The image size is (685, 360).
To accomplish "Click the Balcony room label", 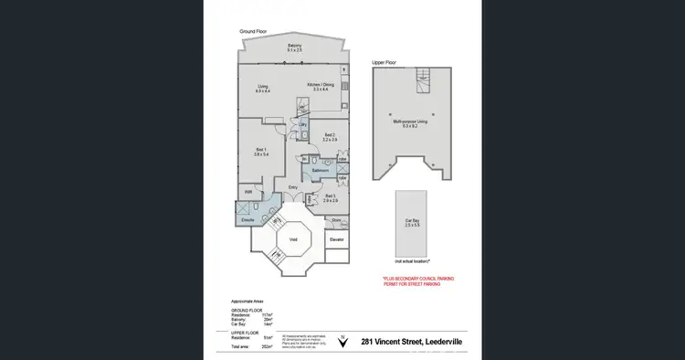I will [295, 47].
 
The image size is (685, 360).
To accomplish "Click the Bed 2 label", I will [330, 137].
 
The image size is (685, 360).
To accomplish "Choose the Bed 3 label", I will [330, 196].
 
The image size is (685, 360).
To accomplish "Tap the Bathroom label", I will [321, 170].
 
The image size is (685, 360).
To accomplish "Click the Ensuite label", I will [248, 220].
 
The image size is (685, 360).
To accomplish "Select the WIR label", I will [248, 192].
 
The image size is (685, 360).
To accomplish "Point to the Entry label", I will [293, 187].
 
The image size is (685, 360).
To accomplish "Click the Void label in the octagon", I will [293, 239].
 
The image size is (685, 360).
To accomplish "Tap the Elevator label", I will [336, 239].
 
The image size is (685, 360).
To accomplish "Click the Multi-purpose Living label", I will [410, 122].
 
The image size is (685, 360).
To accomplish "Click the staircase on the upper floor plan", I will [421, 77].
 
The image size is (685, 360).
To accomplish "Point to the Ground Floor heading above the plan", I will [253, 31].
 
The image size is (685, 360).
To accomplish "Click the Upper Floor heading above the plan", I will [384, 62].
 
